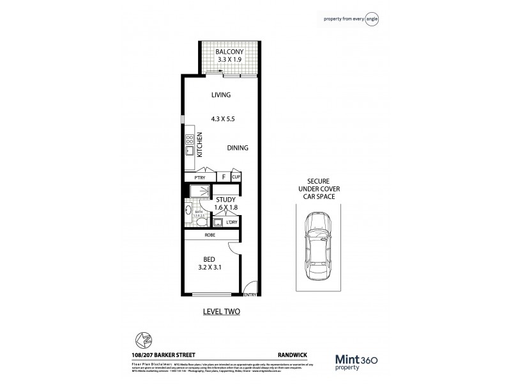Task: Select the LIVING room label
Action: click(221, 95)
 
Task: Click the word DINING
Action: click(238, 148)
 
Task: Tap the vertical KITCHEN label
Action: click(200, 145)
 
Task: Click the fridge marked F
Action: click(224, 177)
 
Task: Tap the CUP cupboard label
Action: click(236, 177)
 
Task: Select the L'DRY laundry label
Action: click(231, 222)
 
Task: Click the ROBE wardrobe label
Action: click(210, 236)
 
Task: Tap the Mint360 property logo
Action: click(359, 362)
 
